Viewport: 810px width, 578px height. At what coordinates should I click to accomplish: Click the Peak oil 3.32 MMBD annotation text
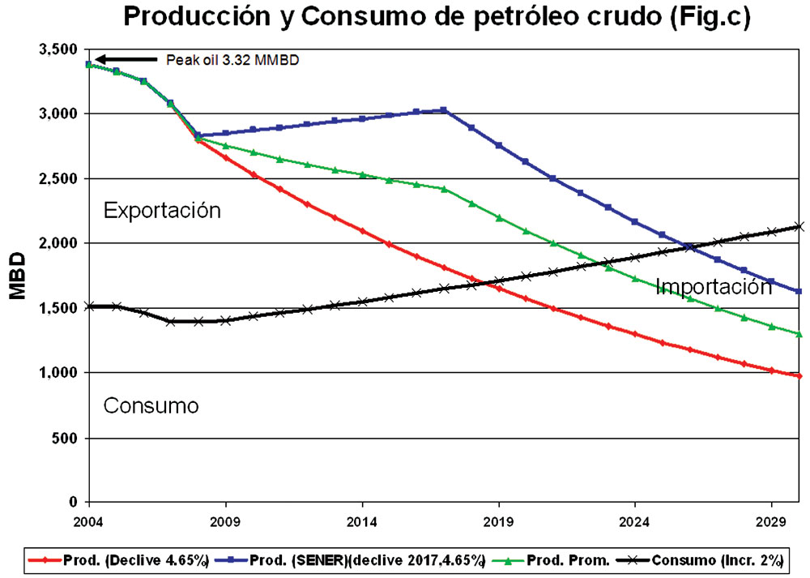point(232,59)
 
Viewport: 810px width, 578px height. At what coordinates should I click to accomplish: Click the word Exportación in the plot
point(162,211)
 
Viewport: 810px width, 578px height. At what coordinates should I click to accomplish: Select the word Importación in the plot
point(713,286)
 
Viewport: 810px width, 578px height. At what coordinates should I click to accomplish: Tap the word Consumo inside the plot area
point(151,405)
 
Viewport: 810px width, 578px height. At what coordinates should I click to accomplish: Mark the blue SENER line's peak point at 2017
point(444,110)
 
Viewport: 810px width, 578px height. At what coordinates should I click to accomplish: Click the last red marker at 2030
point(799,375)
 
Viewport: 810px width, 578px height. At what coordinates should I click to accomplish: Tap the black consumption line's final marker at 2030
point(799,227)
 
